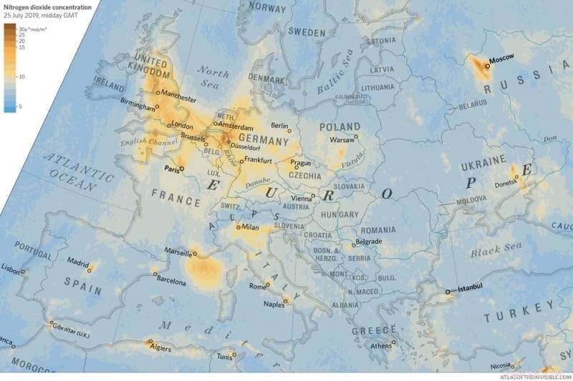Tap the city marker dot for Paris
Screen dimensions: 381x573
[182, 169]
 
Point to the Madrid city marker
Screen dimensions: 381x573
[90, 267]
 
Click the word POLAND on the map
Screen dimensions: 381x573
[340, 127]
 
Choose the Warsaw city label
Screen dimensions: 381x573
[341, 140]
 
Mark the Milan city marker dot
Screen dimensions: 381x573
[238, 227]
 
